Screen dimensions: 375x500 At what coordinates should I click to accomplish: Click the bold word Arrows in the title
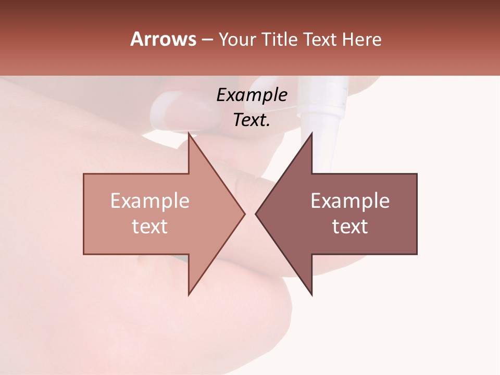point(164,39)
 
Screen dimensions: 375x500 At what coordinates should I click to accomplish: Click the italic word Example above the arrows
point(252,95)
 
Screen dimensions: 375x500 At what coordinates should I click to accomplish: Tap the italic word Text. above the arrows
point(252,120)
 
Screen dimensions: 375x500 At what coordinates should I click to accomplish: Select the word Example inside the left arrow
point(149,201)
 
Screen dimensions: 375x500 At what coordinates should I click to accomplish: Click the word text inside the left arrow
point(149,227)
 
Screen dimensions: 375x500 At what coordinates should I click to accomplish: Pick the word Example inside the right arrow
point(350,201)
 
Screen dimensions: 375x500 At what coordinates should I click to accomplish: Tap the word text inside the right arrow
point(350,227)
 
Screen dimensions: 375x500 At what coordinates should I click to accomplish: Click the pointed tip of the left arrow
point(244,214)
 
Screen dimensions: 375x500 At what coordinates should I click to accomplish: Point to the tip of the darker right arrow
point(257,214)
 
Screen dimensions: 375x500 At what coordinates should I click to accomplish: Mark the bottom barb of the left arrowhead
point(190,293)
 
